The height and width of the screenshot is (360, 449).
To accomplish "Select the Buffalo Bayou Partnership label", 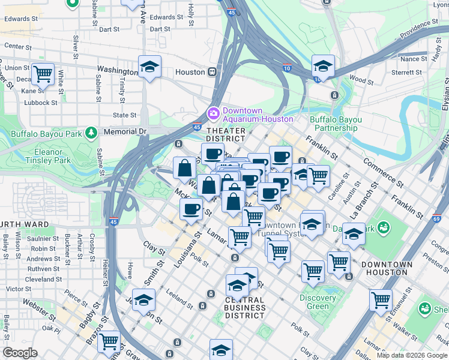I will click(x=336, y=124).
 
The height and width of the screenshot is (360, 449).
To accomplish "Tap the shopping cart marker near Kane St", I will click(x=43, y=74).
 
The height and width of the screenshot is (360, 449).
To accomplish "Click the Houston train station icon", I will click(x=212, y=72).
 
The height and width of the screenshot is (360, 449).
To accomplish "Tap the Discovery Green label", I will click(x=318, y=302).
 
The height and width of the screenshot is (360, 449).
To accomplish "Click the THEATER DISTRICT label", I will click(x=226, y=135).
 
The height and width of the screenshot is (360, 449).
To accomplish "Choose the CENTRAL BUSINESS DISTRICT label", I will click(x=245, y=307).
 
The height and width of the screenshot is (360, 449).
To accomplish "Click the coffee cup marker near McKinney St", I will click(x=191, y=209).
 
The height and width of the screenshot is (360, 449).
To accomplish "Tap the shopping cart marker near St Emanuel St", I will click(x=381, y=300).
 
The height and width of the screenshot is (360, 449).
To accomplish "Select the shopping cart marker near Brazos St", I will click(x=109, y=342).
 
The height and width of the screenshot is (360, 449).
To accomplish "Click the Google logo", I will click(x=20, y=353).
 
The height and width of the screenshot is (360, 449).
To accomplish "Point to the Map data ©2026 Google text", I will click(x=411, y=355).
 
